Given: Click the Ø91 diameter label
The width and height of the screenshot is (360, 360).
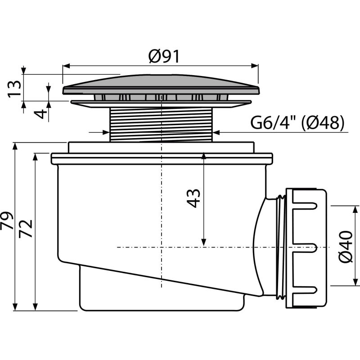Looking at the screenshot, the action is coord(163,57).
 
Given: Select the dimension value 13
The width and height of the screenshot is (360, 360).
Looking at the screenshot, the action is coord(14,89).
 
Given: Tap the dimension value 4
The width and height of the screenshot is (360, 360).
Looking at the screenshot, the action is coord(40,114).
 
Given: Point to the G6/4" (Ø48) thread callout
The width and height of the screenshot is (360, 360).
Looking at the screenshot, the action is coord(297,122).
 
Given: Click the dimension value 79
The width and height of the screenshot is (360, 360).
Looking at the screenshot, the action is coord(7,220).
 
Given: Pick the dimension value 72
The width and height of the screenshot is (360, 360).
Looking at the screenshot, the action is coord(26,229).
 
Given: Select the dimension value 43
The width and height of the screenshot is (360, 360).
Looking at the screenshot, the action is coord(193,198).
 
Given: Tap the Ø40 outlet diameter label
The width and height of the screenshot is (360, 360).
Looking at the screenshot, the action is coord(346,247).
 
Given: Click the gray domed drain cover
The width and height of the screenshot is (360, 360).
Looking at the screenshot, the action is coord(161,84).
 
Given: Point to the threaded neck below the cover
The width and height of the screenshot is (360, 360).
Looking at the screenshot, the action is coord(162,125).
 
